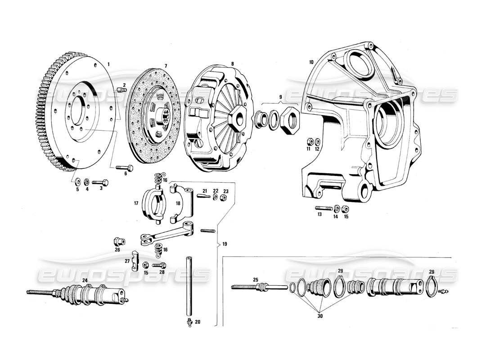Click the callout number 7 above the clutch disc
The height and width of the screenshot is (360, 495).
tap(153, 66)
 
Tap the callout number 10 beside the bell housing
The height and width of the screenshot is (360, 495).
tap(311, 62)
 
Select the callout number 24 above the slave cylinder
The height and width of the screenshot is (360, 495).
tap(85, 280)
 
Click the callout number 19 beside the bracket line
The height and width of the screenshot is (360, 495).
tap(225, 244)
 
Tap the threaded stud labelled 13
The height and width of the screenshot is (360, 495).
tap(324, 208)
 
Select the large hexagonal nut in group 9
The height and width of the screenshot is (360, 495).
tap(288, 119)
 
